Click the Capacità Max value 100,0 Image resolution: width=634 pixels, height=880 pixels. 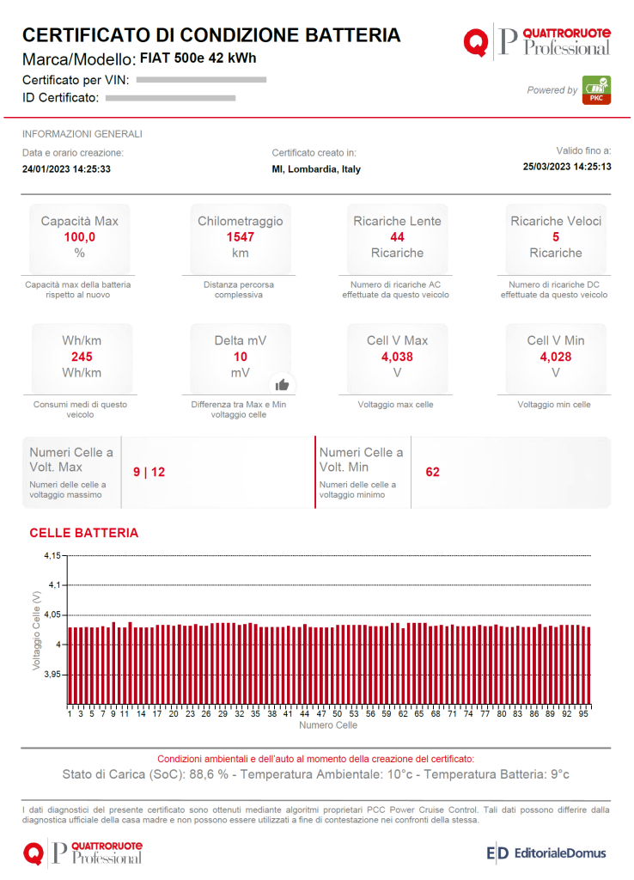[x=79, y=236]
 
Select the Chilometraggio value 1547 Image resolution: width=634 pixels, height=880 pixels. [x=240, y=236]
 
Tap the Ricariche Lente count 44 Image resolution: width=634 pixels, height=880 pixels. [x=397, y=236]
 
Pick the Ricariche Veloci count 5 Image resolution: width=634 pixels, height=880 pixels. [x=556, y=236]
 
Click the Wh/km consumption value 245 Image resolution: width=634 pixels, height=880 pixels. [x=82, y=357]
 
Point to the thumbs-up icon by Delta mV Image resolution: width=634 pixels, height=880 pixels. [x=282, y=384]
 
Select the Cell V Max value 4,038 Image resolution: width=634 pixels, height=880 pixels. [x=397, y=357]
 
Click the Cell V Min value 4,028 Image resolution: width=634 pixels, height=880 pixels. [x=556, y=357]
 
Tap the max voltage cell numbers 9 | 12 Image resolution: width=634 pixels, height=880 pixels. [x=149, y=472]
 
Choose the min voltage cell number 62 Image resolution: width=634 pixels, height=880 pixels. [x=432, y=472]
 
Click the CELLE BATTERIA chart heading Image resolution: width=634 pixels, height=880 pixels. [x=83, y=533]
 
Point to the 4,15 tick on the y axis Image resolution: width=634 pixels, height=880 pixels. [x=52, y=556]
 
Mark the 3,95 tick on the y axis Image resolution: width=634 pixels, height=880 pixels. [x=52, y=675]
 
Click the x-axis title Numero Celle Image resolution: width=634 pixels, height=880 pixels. [x=328, y=725]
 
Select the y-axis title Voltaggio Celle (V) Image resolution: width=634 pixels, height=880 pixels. [x=36, y=630]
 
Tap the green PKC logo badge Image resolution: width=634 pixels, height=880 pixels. [x=596, y=90]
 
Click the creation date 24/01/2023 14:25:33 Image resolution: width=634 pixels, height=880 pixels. [x=66, y=169]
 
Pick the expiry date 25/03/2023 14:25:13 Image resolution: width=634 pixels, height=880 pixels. [x=567, y=167]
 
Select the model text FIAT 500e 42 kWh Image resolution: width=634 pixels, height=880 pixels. [x=198, y=58]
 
